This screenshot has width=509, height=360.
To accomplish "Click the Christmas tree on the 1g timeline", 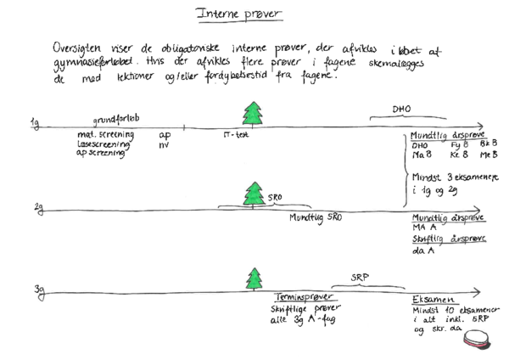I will tap(253, 113).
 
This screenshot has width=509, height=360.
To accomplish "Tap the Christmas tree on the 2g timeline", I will tap(253, 194).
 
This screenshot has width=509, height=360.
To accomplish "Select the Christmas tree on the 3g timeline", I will tap(254, 278).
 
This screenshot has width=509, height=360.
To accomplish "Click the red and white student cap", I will tap(478, 339).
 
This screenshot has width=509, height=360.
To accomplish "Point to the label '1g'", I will tap(35, 124).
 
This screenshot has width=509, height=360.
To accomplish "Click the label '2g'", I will tap(38, 207).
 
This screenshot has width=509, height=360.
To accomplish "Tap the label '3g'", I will tap(39, 290).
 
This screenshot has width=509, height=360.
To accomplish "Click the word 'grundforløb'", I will tap(116, 120).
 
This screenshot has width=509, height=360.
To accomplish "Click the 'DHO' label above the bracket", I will tap(400, 110).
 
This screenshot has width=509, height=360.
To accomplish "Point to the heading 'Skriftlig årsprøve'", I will tap(448, 239).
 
